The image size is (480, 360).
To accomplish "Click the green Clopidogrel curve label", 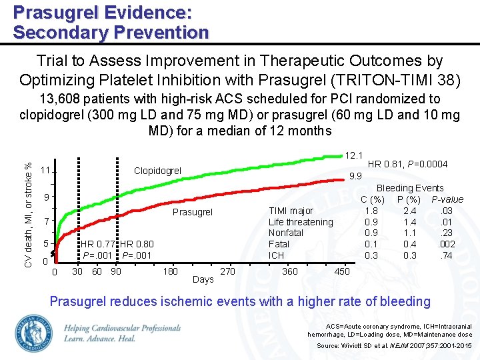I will [157, 171].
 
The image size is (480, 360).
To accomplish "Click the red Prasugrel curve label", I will [192, 213].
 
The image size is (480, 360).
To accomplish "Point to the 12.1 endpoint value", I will [353, 155].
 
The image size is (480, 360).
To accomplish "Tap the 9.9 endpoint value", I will [355, 177].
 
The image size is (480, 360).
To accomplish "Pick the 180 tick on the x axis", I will [170, 271].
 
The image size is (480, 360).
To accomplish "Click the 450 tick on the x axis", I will [341, 271].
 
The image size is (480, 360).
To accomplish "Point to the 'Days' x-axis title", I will [203, 279].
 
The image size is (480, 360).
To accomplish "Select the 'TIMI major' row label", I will [291, 211].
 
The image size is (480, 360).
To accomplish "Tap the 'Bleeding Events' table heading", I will [410, 188].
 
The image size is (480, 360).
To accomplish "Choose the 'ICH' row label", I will [276, 255].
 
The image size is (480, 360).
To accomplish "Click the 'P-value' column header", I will [447, 199].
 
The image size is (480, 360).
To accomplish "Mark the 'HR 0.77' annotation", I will [98, 244].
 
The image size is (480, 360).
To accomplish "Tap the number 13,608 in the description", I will [60, 99].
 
